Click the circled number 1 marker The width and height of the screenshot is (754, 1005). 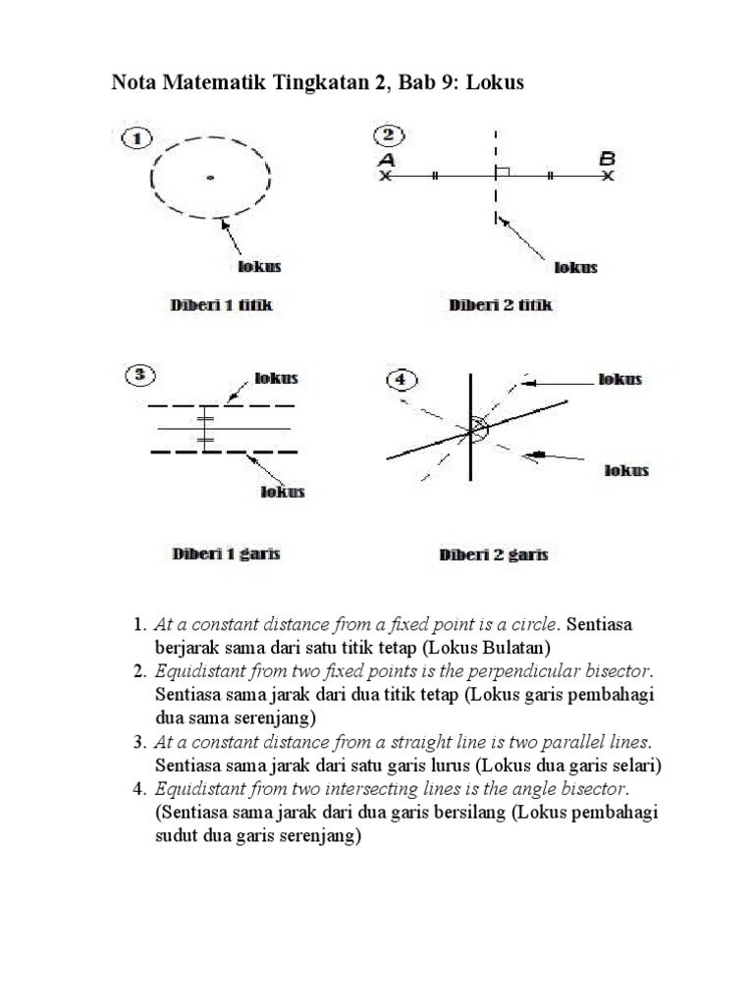(136, 138)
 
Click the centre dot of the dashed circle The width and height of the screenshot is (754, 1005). (210, 178)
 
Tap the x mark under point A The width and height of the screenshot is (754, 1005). (385, 177)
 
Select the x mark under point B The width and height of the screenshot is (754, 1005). (609, 177)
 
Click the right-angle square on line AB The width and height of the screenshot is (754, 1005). (502, 172)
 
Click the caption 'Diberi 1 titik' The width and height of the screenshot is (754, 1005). (222, 305)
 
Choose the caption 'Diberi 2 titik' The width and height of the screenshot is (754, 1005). (501, 305)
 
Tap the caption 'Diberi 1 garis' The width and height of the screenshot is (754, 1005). (226, 554)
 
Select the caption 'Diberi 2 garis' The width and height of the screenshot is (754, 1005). (493, 555)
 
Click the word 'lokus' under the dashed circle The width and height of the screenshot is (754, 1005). (260, 266)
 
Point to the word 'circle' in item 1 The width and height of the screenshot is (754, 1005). (535, 624)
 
